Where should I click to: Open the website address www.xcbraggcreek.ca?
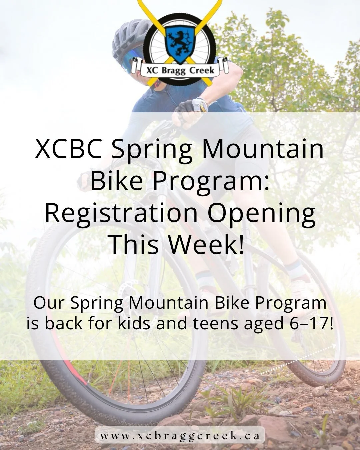pyautogui.click(x=180, y=436)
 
